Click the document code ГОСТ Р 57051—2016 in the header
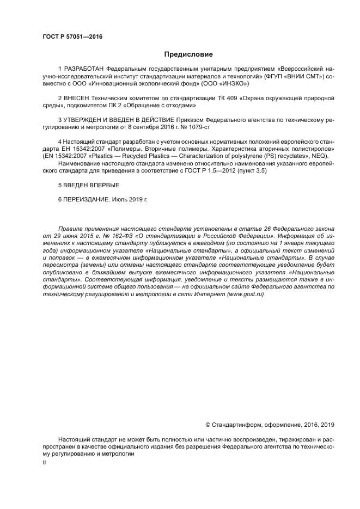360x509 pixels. tap(72, 37)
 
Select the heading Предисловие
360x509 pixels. tap(188, 54)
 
